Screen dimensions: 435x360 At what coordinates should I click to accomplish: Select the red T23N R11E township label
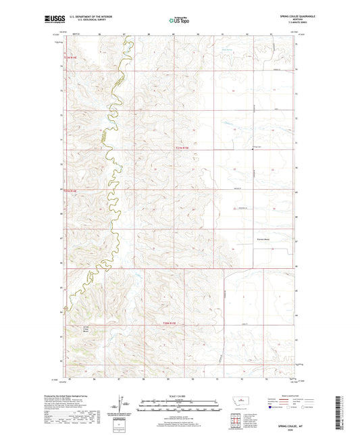tap(174, 324)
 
